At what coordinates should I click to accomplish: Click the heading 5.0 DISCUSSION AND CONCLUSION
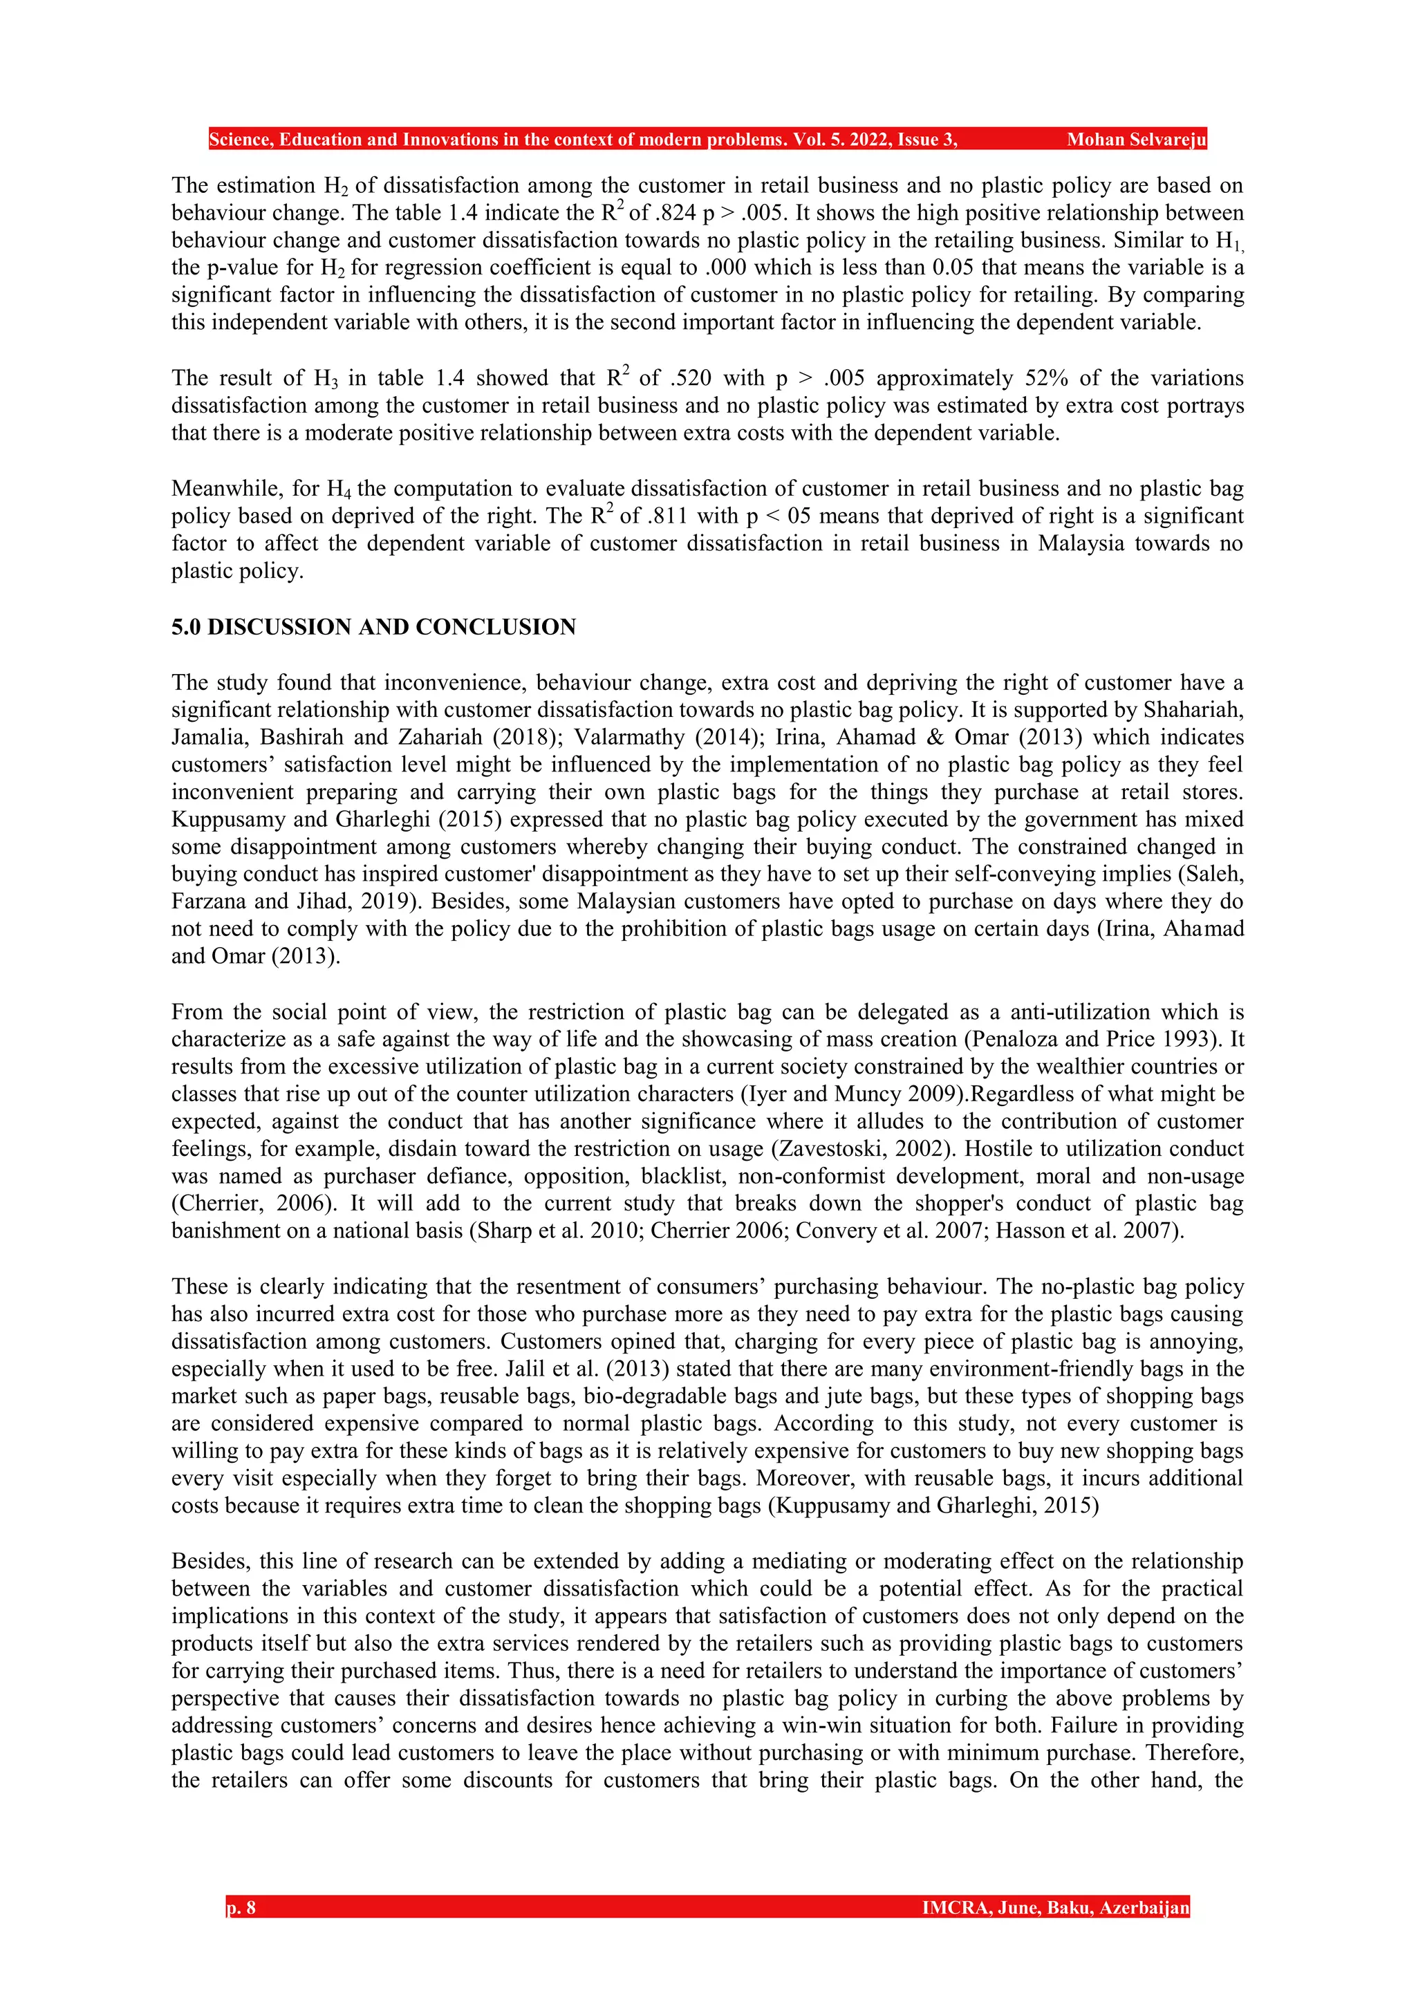click(x=373, y=627)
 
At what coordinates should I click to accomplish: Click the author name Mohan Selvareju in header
click(x=1136, y=140)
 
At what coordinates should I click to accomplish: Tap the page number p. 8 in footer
click(x=241, y=1908)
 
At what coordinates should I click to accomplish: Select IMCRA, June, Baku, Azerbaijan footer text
click(x=1055, y=1908)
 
